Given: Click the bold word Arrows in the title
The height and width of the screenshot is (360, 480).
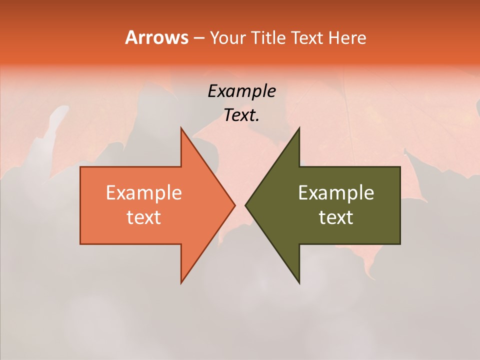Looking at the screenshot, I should click(156, 37).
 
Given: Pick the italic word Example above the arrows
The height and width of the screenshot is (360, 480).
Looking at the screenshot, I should click(241, 91).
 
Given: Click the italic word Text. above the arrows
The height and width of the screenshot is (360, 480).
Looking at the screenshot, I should click(241, 115).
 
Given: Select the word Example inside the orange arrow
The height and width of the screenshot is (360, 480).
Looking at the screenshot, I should click(144, 193).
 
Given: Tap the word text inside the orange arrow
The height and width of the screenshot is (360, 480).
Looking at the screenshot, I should click(144, 217).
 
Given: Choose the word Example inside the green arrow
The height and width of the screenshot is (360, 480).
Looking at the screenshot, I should click(336, 193).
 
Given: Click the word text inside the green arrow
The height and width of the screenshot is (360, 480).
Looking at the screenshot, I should click(336, 217).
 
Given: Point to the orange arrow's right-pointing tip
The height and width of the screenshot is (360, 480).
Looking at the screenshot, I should click(235, 205).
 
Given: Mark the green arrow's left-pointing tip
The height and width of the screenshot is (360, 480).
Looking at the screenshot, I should click(245, 205).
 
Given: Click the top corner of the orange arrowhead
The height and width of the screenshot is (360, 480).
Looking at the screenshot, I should click(181, 128).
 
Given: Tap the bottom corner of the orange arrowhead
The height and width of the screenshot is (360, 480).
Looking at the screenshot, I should click(181, 283).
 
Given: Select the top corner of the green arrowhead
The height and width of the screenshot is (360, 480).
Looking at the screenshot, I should click(299, 128).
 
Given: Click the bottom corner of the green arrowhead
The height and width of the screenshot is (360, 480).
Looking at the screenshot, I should click(299, 283).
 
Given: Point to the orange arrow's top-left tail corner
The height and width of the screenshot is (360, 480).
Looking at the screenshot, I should click(80, 167).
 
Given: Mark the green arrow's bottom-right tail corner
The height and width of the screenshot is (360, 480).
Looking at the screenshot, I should click(400, 244).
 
